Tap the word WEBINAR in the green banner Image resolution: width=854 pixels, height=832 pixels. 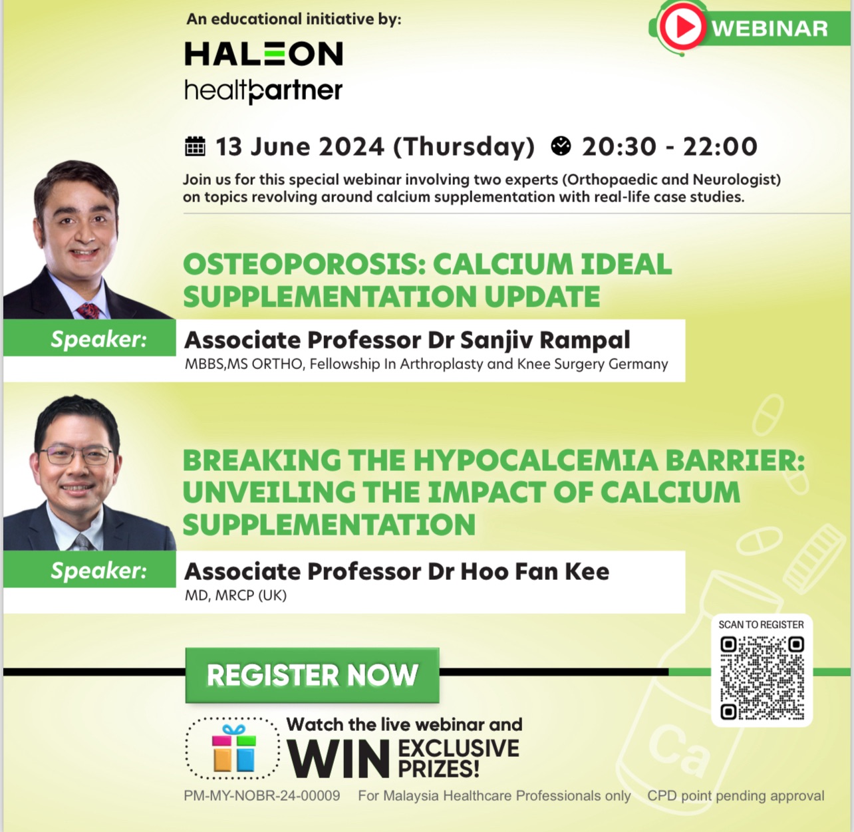[x=770, y=29]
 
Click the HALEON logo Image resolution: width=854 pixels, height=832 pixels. [x=264, y=53]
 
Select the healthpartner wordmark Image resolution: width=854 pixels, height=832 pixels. [x=263, y=91]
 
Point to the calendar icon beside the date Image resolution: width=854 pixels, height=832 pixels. [x=195, y=146]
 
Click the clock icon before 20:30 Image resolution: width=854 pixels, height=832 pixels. [x=561, y=146]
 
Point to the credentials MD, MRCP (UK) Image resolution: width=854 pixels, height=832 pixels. [x=235, y=595]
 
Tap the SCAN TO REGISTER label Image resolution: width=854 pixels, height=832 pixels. [x=762, y=624]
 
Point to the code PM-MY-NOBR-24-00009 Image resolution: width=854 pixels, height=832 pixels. [x=262, y=795]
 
